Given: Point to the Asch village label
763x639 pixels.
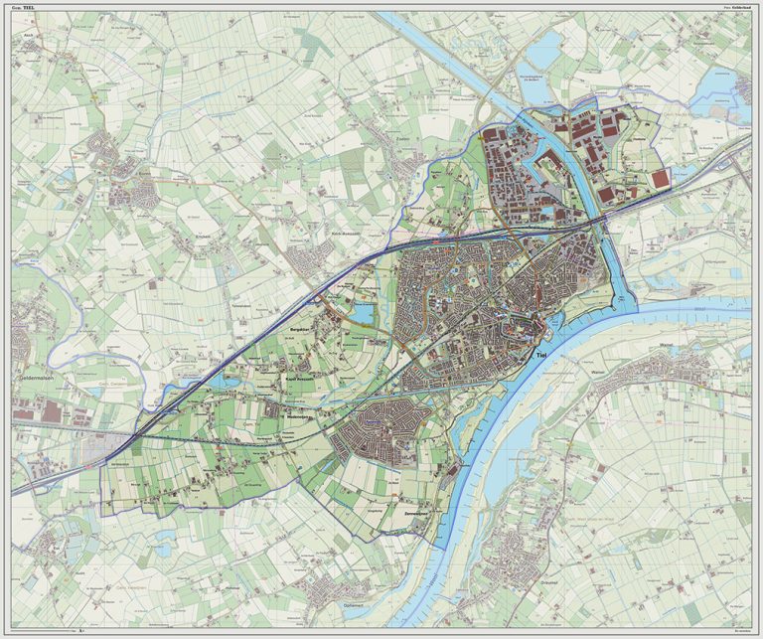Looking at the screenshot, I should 29,47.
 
